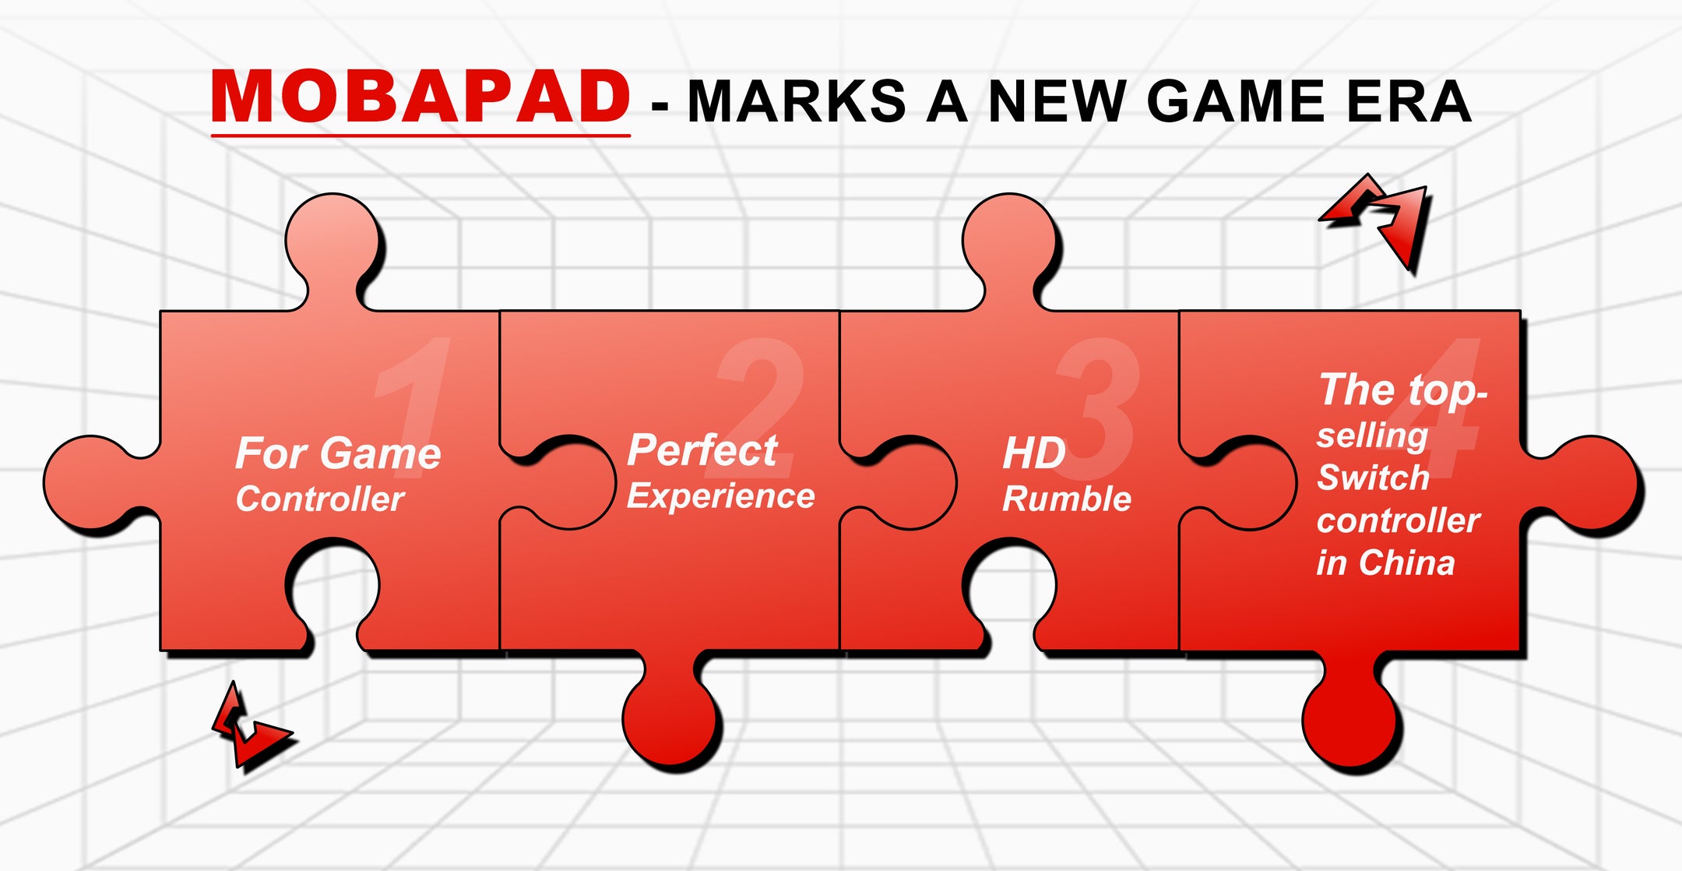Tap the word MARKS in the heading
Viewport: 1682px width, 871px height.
point(797,101)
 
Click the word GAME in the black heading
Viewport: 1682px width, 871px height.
point(1236,101)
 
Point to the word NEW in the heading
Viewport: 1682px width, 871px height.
point(1057,101)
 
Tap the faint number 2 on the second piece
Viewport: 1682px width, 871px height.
point(760,405)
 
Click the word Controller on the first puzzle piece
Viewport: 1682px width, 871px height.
point(320,499)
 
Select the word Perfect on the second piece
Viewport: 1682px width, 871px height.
point(702,450)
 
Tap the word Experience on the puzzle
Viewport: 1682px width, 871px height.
point(721,496)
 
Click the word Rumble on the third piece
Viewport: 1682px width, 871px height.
point(1067,499)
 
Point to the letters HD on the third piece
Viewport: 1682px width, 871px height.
point(1034,453)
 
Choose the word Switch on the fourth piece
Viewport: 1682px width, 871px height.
point(1373,478)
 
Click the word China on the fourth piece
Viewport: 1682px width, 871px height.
point(1406,562)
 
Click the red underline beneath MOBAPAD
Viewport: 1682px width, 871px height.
point(420,136)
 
